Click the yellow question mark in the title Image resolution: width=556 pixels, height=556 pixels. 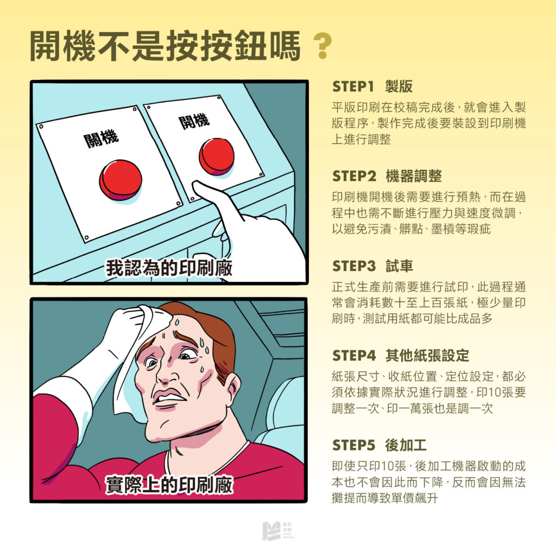point(323,48)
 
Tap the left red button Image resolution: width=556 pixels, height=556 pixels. point(121,180)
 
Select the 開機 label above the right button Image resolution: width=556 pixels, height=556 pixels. point(194,121)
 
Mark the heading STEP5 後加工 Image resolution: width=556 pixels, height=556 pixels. point(379,445)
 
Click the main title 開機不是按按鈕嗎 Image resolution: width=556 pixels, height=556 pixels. point(165,47)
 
